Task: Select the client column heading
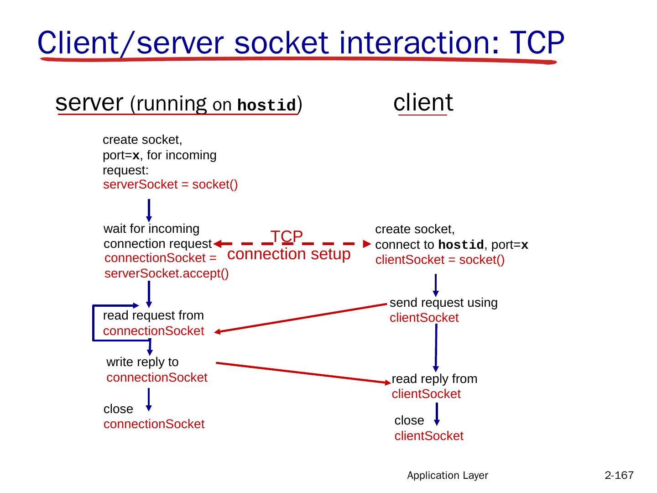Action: point(423,102)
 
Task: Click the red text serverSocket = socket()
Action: point(171,185)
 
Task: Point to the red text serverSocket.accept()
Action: point(167,273)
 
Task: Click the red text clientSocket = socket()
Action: point(440,260)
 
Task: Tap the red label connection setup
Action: point(288,254)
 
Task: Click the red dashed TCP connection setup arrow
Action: point(319,243)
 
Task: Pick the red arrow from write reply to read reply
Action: point(301,372)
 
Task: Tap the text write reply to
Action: point(142,362)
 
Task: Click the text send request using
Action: point(443,303)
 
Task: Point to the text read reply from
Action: point(434,379)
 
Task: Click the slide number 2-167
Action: point(619,475)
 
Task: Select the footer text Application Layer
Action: point(448,475)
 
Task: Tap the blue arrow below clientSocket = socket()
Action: point(436,285)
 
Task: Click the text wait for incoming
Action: point(151,228)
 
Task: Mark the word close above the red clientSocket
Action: point(409,420)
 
